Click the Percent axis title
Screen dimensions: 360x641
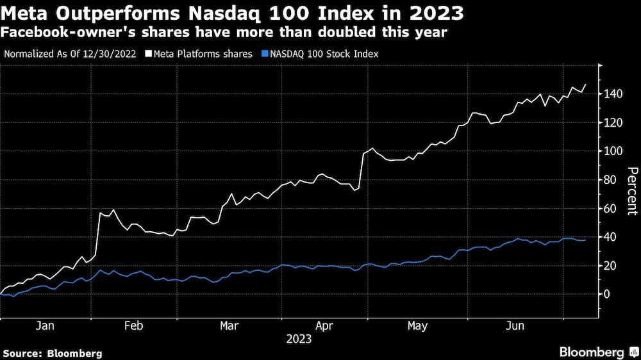coord(631,190)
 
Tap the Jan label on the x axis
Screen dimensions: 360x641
coord(45,326)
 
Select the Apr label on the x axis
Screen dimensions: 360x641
coord(324,326)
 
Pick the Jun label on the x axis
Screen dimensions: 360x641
coord(515,326)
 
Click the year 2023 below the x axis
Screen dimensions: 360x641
coord(299,339)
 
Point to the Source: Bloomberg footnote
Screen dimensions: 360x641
coord(52,353)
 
